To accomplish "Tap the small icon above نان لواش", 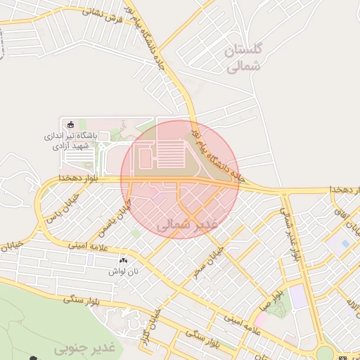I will [x=124, y=259].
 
